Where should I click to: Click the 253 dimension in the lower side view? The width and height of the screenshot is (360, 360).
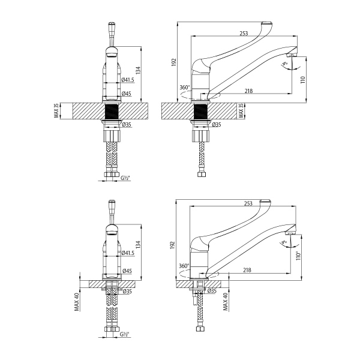pyautogui.click(x=248, y=204)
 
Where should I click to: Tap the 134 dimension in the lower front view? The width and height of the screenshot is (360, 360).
pyautogui.click(x=137, y=244)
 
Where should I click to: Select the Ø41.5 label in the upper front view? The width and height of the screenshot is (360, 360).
pyautogui.click(x=127, y=80)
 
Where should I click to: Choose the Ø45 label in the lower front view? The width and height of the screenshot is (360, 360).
pyautogui.click(x=126, y=271)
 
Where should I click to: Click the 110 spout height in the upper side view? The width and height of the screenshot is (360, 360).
pyautogui.click(x=303, y=79)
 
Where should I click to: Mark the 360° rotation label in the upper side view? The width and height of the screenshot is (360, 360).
pyautogui.click(x=185, y=87)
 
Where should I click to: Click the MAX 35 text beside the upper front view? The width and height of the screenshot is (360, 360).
pyautogui.click(x=56, y=111)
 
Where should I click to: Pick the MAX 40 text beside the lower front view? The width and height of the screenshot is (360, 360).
pyautogui.click(x=77, y=300)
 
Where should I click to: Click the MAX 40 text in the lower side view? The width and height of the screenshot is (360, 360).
pyautogui.click(x=226, y=302)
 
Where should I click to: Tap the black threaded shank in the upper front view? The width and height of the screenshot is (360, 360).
pyautogui.click(x=112, y=112)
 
